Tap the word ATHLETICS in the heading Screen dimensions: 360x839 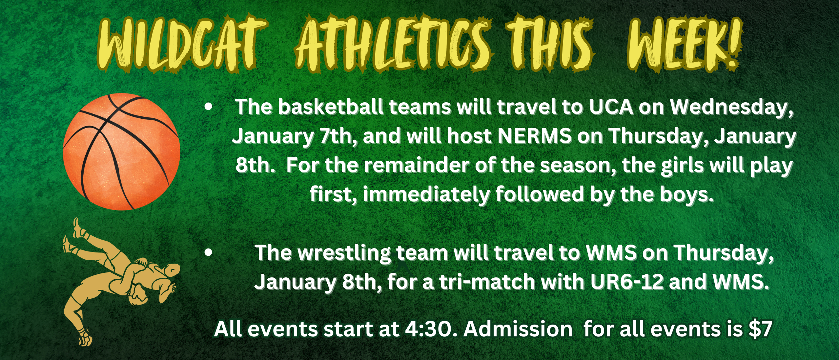393,44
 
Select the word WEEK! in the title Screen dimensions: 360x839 684,44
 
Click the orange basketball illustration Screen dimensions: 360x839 121,152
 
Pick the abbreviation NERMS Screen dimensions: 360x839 535,136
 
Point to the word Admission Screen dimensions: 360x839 518,329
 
